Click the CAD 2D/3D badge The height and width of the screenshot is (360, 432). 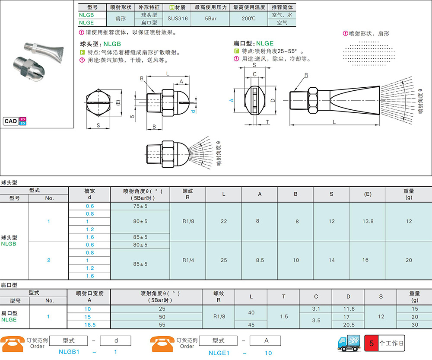pos(15,121)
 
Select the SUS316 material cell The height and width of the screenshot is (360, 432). pos(178,19)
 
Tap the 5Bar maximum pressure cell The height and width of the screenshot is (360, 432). pos(210,19)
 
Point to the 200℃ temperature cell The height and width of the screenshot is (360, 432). pos(248,19)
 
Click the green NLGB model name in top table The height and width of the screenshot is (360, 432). pos(86,15)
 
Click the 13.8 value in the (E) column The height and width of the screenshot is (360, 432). pos(368,221)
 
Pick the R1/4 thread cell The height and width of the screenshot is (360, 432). pos(188,260)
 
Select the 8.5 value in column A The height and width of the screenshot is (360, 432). pos(260,260)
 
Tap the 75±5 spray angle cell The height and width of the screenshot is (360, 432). pos(140,206)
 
